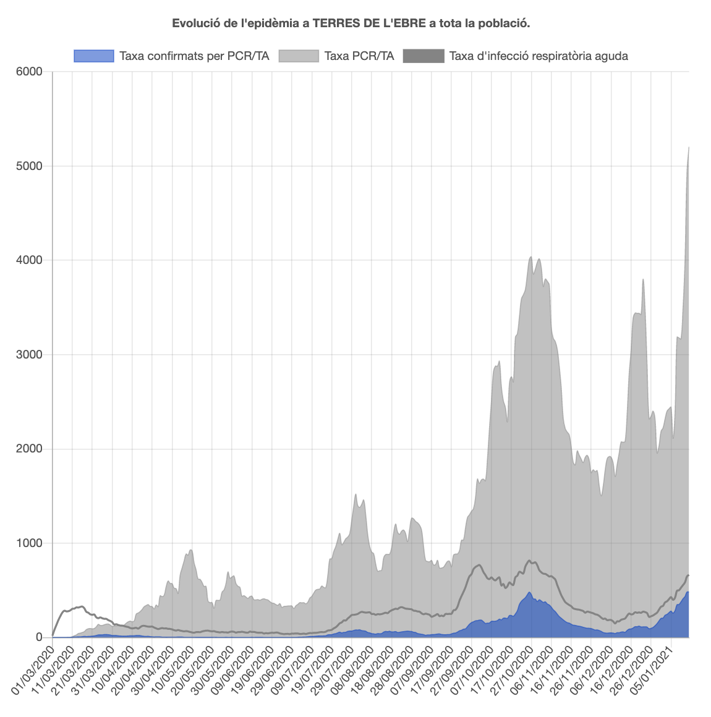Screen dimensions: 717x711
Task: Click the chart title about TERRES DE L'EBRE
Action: click(x=351, y=23)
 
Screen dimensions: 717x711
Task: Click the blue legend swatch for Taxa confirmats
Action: click(x=94, y=56)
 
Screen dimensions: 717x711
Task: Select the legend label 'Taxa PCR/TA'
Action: click(x=359, y=56)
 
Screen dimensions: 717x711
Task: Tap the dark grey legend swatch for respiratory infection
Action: click(x=424, y=56)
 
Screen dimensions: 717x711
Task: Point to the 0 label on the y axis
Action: click(x=38, y=637)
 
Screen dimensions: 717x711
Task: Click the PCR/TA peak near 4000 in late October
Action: click(x=530, y=257)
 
